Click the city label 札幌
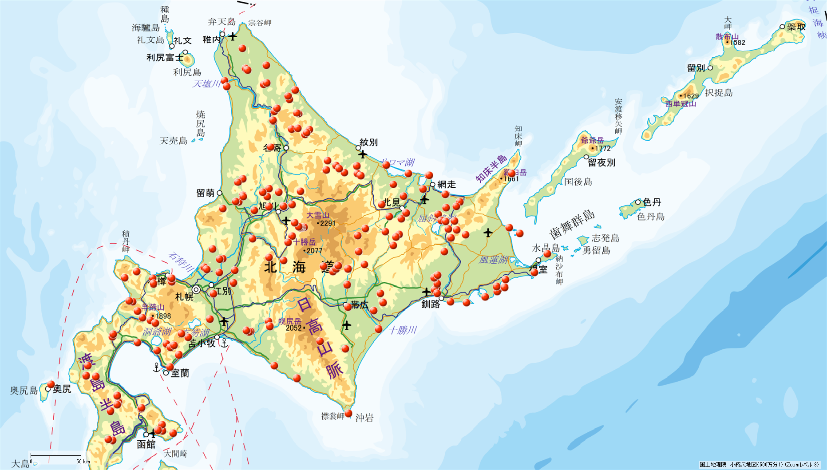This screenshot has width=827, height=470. tap(184, 297)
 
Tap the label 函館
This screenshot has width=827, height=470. tap(146, 444)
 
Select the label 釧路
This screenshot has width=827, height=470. tap(431, 304)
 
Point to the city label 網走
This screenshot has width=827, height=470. tap(446, 185)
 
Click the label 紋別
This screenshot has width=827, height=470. tap(368, 142)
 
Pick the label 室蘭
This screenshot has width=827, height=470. tap(180, 373)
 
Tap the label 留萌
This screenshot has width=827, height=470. tap(206, 193)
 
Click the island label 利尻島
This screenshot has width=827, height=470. tap(187, 72)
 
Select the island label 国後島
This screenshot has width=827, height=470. tap(578, 182)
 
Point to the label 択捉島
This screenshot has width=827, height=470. tap(719, 93)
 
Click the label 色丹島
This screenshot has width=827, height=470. tap(651, 217)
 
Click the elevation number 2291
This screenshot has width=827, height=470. tap(328, 223)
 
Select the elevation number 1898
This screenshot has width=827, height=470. tap(163, 316)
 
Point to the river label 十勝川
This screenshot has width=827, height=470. tap(403, 330)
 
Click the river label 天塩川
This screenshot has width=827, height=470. tap(206, 84)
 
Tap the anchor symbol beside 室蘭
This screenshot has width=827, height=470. tap(156, 367)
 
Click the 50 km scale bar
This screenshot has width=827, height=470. tap(55, 455)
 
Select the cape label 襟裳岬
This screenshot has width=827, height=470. tap(332, 416)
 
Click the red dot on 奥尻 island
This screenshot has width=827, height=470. tap(51, 384)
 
